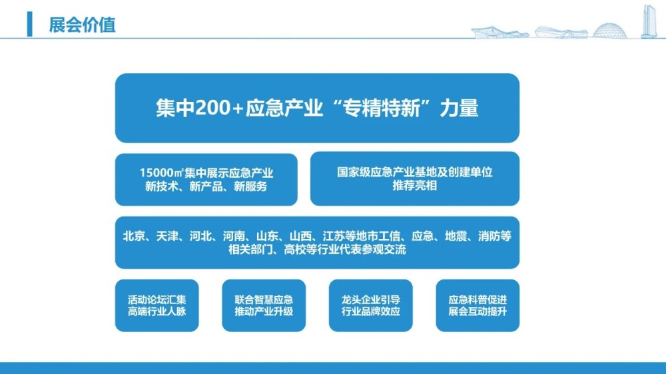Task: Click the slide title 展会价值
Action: click(x=82, y=25)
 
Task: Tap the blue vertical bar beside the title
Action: click(x=29, y=24)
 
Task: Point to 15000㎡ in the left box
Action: click(x=161, y=173)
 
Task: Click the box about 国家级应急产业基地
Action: click(x=414, y=179)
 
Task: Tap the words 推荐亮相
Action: click(x=414, y=186)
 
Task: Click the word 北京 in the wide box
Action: click(x=134, y=236)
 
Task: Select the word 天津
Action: click(x=167, y=236)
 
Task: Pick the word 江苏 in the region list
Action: click(x=334, y=236)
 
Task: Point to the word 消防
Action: click(x=490, y=236)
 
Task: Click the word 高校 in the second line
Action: click(x=295, y=249)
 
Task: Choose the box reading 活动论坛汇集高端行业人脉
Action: click(x=157, y=305)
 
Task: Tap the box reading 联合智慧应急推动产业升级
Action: click(x=264, y=305)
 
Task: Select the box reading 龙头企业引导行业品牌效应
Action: click(x=371, y=305)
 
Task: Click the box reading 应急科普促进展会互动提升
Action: click(x=478, y=305)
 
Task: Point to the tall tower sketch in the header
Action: click(x=649, y=21)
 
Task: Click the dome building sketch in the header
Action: click(x=609, y=31)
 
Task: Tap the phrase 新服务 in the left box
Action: click(x=250, y=186)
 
